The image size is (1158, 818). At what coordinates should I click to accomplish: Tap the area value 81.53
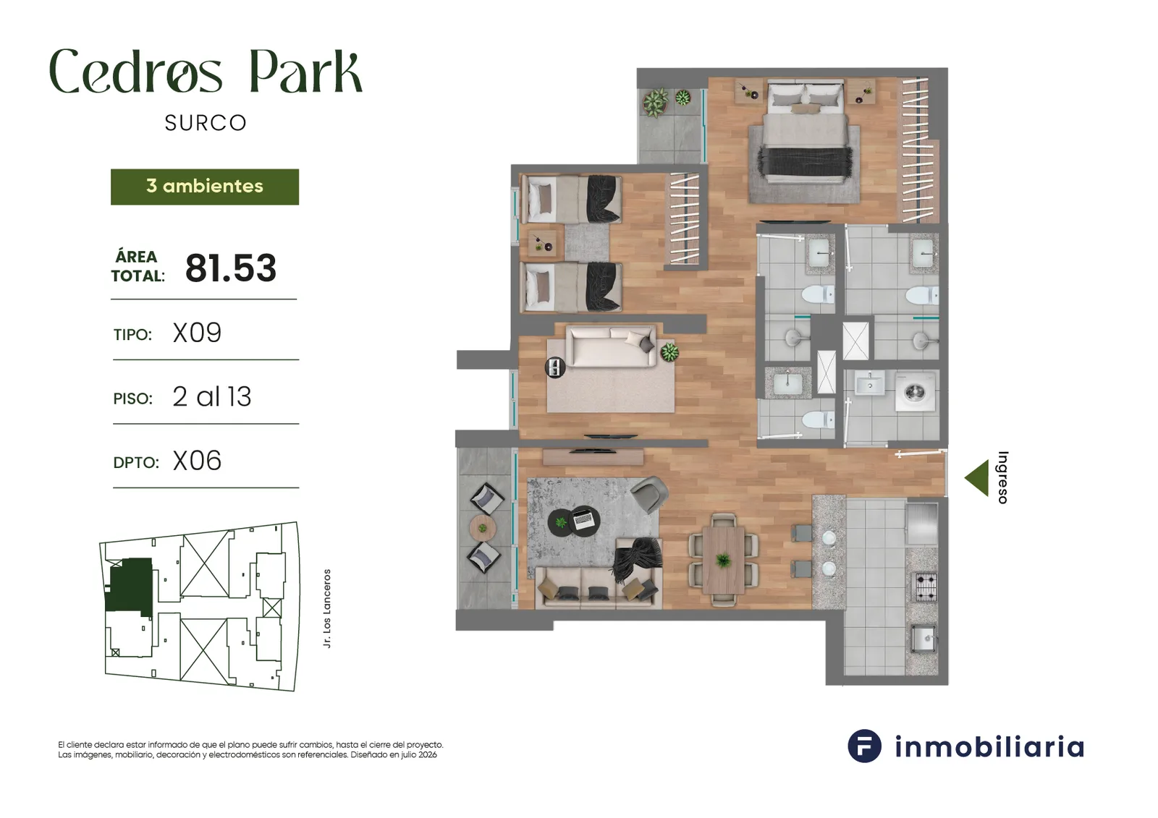tap(231, 268)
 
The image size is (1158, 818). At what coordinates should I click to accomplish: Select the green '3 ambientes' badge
tap(205, 187)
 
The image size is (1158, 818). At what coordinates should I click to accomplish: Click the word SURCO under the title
tap(206, 123)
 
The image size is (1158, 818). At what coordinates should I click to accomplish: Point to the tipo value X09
tap(197, 333)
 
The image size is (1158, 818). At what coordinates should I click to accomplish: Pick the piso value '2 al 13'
tap(212, 397)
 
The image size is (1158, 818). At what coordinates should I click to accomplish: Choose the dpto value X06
tap(197, 461)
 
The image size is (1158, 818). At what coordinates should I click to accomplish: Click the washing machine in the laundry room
tap(915, 392)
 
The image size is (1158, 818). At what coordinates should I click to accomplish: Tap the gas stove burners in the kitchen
tap(926, 587)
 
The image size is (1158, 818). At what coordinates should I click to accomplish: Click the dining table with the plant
tap(723, 560)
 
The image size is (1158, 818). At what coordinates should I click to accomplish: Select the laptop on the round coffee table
tap(583, 519)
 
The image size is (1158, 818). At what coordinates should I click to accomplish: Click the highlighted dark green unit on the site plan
tap(130, 586)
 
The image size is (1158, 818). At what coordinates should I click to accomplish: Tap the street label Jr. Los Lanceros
tap(326, 608)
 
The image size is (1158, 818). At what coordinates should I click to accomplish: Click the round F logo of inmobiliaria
tap(864, 746)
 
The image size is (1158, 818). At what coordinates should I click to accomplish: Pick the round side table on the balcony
tap(483, 528)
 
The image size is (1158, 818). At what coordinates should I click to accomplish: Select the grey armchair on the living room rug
tap(648, 493)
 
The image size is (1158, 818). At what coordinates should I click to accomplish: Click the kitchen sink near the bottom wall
tap(924, 639)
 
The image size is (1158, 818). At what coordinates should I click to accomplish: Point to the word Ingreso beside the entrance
tap(1002, 477)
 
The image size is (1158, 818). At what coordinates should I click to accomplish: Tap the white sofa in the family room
tap(611, 346)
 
